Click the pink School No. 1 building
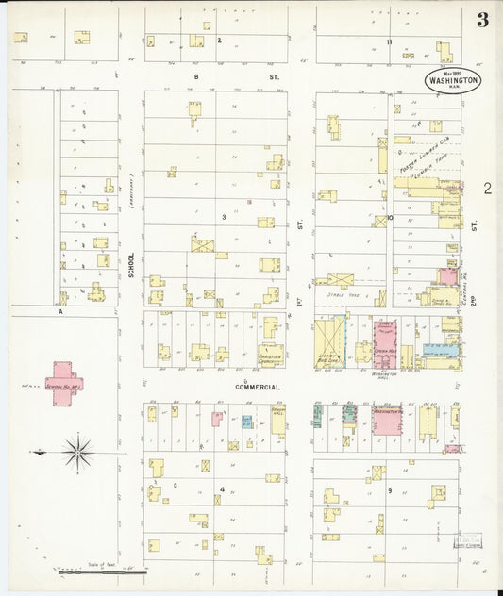pyautogui.click(x=64, y=383)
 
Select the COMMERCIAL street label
pyautogui.click(x=257, y=388)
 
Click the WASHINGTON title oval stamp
pyautogui.click(x=453, y=80)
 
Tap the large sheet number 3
pyautogui.click(x=482, y=21)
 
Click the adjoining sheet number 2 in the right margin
pyautogui.click(x=487, y=189)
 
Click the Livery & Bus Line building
pyautogui.click(x=329, y=343)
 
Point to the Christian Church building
pyautogui.click(x=271, y=355)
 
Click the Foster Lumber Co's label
pyautogui.click(x=422, y=157)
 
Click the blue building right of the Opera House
pyautogui.click(x=440, y=350)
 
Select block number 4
pyautogui.click(x=222, y=489)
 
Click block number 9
pyautogui.click(x=388, y=490)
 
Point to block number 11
pyautogui.click(x=388, y=41)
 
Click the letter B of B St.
pyautogui.click(x=197, y=76)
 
